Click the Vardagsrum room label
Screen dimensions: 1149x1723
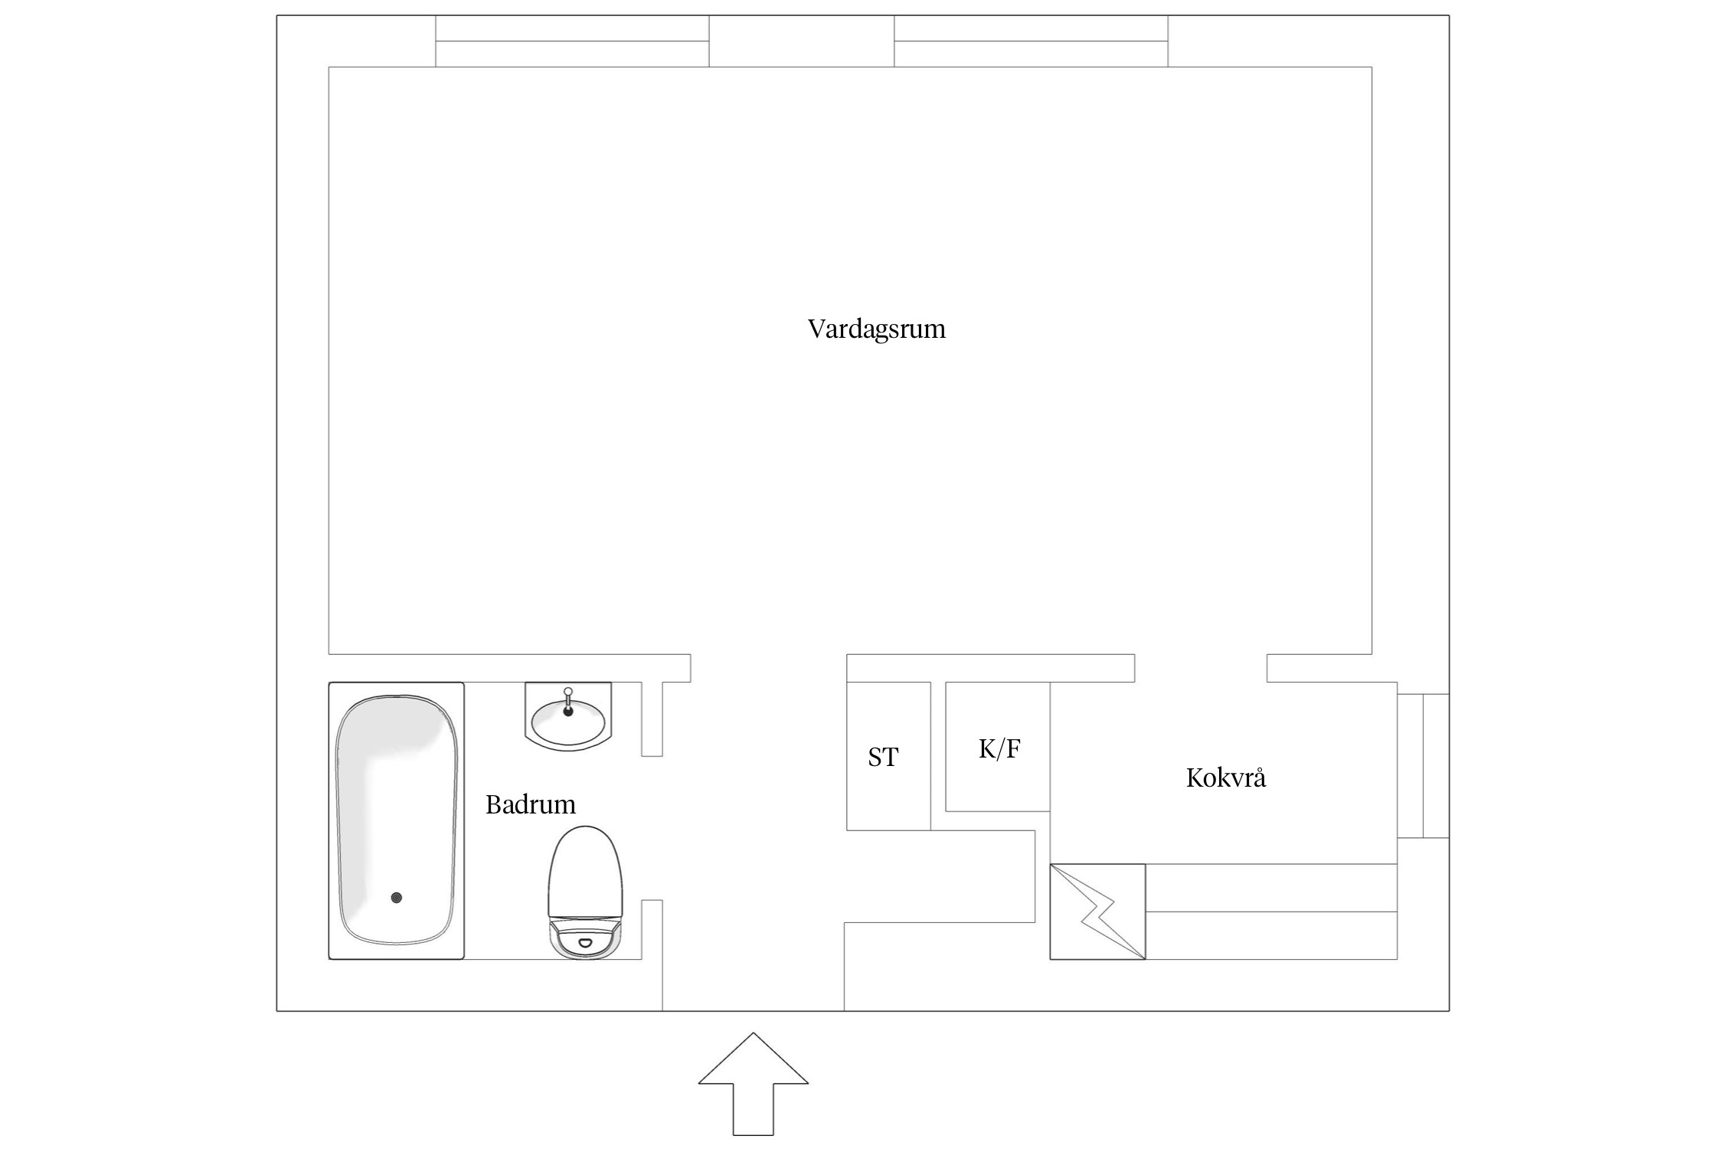[x=876, y=329]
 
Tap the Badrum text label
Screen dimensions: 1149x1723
[x=530, y=804]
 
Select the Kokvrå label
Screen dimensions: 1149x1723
[x=1225, y=778]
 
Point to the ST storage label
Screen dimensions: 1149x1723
[x=882, y=758]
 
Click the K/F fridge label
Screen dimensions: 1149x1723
[x=999, y=748]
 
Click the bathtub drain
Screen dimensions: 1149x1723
[x=396, y=897]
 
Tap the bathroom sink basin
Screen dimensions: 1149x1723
[x=568, y=720]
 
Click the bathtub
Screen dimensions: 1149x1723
[x=396, y=820]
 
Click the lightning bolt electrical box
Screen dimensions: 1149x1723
[x=1097, y=912]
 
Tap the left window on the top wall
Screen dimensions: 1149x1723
[x=572, y=41]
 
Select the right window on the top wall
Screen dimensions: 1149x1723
[x=1031, y=41]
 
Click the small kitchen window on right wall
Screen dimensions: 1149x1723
[x=1423, y=766]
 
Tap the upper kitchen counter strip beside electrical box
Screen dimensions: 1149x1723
[x=1271, y=888]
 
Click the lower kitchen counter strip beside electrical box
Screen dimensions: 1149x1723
[x=1271, y=935]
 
